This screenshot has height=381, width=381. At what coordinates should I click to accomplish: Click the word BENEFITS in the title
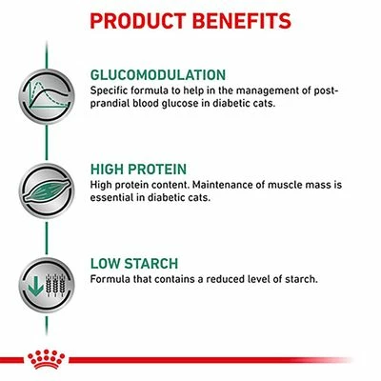pyautogui.click(x=238, y=20)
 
